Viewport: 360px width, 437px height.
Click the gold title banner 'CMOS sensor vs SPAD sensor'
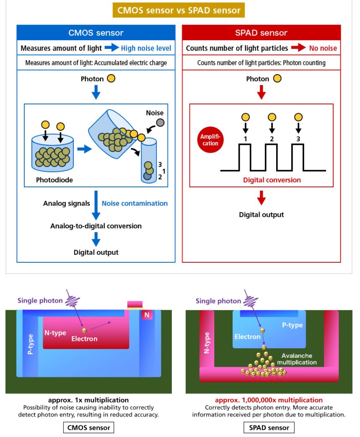tap(179, 10)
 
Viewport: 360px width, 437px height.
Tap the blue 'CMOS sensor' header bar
tap(96, 33)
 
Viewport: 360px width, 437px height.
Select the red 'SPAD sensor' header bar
tap(261, 33)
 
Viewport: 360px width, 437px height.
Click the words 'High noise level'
tap(146, 48)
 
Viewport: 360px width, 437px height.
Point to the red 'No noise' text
tap(323, 48)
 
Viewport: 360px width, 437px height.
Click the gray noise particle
tap(160, 122)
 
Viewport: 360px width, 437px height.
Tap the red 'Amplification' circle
tap(210, 140)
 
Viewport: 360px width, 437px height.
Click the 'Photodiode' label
tap(54, 180)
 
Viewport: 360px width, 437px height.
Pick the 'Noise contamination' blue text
tap(135, 204)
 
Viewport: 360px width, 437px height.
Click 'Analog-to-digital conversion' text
tap(96, 226)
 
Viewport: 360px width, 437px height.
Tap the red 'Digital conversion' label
tap(272, 180)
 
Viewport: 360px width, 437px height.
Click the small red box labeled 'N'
tap(147, 315)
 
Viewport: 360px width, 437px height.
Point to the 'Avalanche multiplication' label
tap(297, 359)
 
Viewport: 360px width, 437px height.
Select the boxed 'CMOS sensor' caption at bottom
tap(89, 427)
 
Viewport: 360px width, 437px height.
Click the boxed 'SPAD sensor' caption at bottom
tap(269, 427)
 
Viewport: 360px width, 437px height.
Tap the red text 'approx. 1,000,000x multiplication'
tap(269, 400)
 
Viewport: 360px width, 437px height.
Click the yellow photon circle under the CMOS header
tap(111, 79)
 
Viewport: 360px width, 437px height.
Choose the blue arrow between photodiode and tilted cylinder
tap(84, 149)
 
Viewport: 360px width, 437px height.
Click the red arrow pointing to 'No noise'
tap(298, 48)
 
